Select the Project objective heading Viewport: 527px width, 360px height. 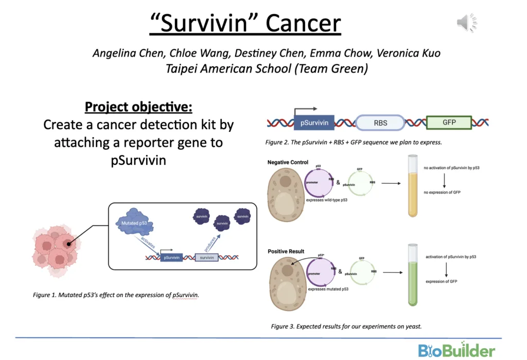pyautogui.click(x=138, y=107)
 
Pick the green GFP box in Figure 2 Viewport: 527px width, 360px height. pyautogui.click(x=449, y=123)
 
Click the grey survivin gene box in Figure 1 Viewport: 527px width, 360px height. pyautogui.click(x=206, y=256)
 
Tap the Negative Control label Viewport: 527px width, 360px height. pyautogui.click(x=288, y=162)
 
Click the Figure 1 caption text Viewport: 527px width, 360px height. pyautogui.click(x=116, y=295)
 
